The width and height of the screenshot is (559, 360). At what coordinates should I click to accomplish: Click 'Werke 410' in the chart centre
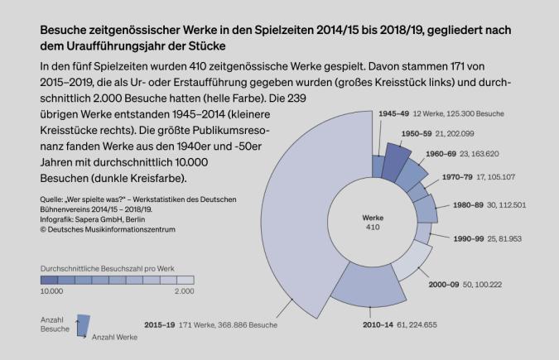(373, 221)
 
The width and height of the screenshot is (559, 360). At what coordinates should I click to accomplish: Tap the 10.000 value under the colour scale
(52, 291)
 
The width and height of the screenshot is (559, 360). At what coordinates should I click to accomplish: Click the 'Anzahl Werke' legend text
(113, 338)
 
